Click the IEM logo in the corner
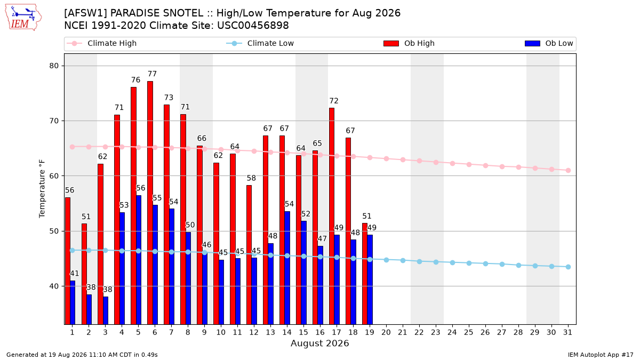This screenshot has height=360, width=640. (x=23, y=18)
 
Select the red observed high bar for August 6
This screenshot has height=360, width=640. (x=150, y=203)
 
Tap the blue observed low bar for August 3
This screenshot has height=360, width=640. (x=106, y=310)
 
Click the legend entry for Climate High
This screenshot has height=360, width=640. (x=101, y=43)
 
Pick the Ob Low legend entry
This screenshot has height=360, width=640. (x=549, y=43)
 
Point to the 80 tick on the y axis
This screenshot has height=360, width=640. (x=54, y=66)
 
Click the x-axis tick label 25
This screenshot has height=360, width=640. (x=469, y=332)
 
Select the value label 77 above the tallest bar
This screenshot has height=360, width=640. (x=153, y=74)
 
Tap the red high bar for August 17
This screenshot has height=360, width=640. (x=332, y=216)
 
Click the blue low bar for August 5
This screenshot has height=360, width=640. (x=139, y=260)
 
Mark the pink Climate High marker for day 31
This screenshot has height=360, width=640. (x=568, y=170)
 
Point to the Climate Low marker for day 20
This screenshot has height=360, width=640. (x=386, y=260)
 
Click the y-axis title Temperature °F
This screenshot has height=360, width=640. (x=42, y=189)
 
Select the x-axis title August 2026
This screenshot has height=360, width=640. (x=319, y=343)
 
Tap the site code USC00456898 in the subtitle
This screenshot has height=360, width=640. (x=253, y=26)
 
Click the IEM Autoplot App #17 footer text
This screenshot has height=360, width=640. (x=601, y=355)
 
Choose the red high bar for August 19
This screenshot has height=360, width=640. (x=365, y=274)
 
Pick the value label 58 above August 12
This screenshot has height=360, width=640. (x=251, y=178)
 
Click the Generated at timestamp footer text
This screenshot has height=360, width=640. (x=82, y=355)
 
